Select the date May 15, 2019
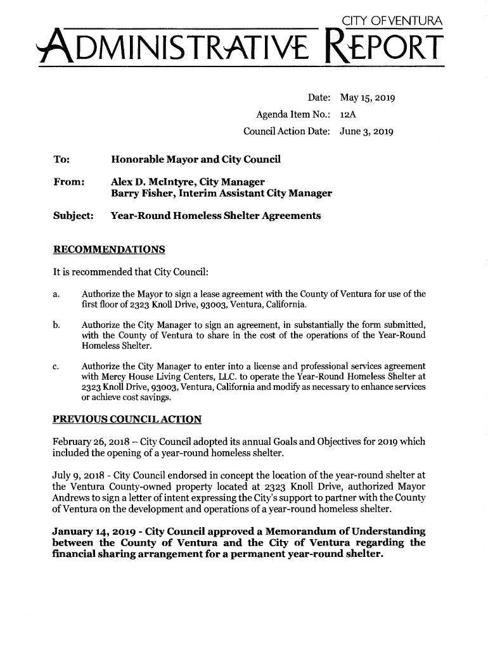tap(368, 99)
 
